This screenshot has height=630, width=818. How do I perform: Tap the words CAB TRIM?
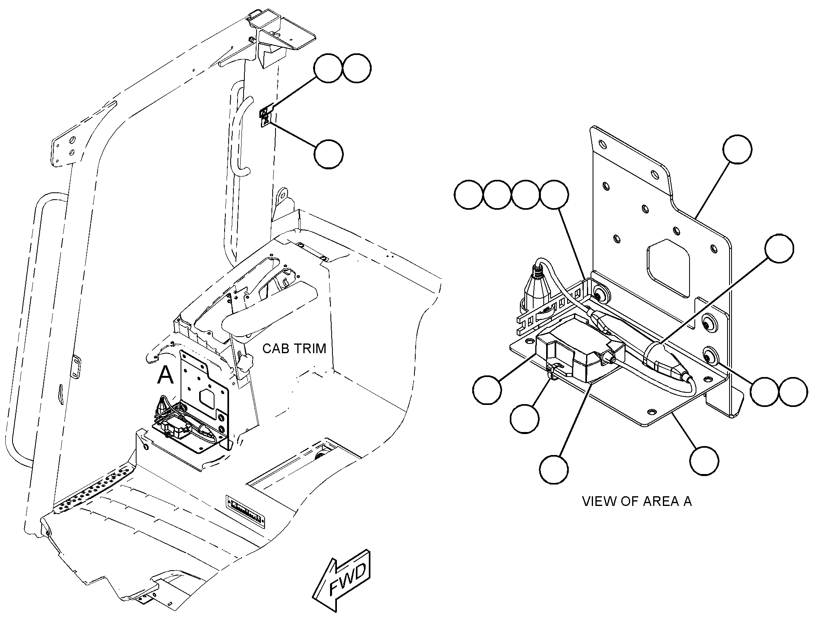click(x=294, y=348)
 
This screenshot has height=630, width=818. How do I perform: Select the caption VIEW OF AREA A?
click(x=637, y=501)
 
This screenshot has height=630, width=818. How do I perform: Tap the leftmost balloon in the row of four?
click(x=469, y=195)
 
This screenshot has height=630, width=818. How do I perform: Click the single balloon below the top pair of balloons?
click(x=328, y=154)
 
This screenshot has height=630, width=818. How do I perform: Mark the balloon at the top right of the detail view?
click(x=738, y=150)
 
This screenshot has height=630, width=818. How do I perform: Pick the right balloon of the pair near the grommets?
click(x=793, y=392)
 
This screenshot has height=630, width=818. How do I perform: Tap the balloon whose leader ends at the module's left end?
click(x=487, y=390)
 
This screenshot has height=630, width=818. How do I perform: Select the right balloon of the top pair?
click(x=356, y=69)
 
